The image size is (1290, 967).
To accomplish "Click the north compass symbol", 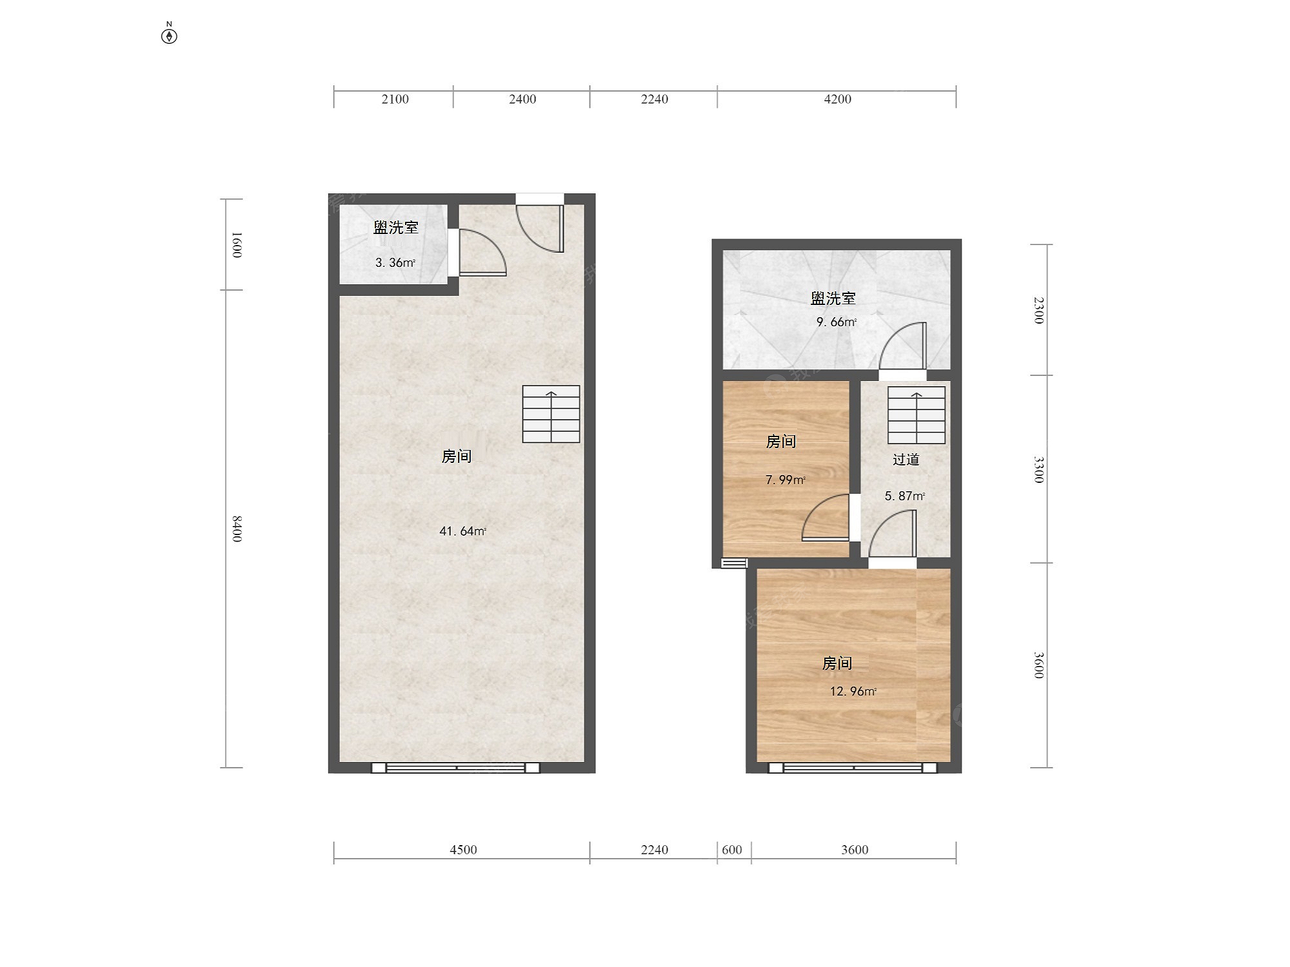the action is click(x=169, y=35).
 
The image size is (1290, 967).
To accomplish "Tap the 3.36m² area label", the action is click(x=395, y=262).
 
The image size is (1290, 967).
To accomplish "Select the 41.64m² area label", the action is click(x=462, y=531).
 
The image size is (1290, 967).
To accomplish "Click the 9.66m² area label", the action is click(x=836, y=322).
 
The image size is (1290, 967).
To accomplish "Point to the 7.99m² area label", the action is click(x=785, y=480).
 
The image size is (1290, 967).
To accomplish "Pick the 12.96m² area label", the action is click(x=853, y=691).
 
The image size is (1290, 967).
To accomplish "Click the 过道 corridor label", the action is click(x=906, y=459).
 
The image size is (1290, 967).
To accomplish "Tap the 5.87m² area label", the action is click(x=904, y=496).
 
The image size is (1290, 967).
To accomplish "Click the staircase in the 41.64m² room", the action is click(x=551, y=414).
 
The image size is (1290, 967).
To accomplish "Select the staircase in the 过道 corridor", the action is click(x=917, y=415).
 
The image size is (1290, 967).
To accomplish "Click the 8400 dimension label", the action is click(x=237, y=529).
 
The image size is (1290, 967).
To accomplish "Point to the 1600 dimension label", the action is click(x=237, y=244).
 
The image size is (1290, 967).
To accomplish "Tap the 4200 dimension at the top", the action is click(x=837, y=99).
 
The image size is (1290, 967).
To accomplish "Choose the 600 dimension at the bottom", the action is click(x=732, y=850).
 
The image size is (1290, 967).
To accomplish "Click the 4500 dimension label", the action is click(x=463, y=850).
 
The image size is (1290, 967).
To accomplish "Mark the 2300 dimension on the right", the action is click(x=1038, y=310).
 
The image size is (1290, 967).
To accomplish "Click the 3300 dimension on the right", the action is click(x=1038, y=469).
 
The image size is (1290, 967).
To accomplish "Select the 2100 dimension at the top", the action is click(x=395, y=99).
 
